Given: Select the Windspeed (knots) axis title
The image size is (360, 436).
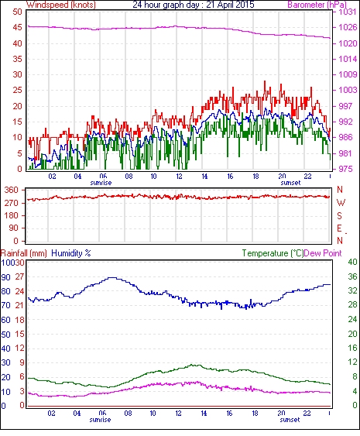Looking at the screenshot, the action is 61,5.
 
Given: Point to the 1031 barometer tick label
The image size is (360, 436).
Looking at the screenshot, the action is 348,12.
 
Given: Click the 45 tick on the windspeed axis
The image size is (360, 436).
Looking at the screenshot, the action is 17,28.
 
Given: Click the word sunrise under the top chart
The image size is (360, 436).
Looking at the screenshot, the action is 101,183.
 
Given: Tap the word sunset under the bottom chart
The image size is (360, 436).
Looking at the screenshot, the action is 290,420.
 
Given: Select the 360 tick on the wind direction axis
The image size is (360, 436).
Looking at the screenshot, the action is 12,191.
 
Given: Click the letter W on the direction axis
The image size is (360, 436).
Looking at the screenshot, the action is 341,203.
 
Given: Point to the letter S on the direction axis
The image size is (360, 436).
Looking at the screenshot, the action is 339,215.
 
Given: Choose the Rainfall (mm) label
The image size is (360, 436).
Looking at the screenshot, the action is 24,253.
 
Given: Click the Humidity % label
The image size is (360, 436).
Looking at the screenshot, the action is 71,253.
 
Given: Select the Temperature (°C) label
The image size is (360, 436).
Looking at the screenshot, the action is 273,253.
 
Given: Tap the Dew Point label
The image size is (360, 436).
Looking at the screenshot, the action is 323,253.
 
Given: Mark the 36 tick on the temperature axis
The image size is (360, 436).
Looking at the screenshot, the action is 352,276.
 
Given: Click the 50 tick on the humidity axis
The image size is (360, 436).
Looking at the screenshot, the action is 6,335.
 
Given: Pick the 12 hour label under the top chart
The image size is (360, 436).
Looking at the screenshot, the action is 179,177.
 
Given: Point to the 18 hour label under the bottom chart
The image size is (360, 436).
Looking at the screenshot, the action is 255,413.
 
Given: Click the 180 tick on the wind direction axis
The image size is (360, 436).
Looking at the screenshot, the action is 12,215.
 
